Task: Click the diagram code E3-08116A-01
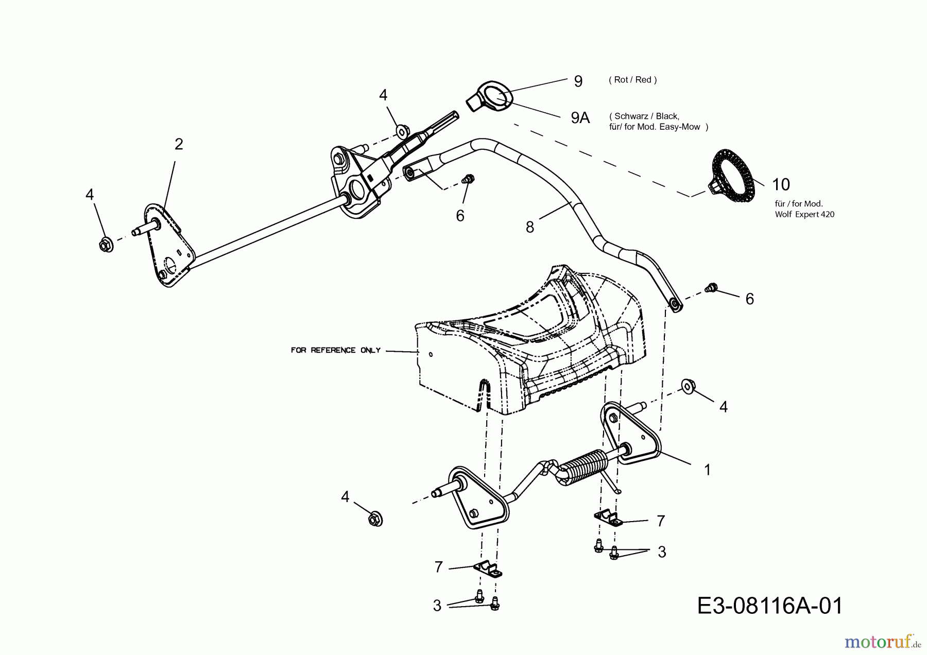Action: pos(770,606)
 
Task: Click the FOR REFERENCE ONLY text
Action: pos(335,350)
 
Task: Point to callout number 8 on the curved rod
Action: pos(530,227)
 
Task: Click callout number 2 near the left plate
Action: pos(178,144)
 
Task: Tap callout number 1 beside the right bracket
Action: pos(707,470)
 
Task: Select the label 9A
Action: pos(580,118)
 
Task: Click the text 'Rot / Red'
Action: pos(632,80)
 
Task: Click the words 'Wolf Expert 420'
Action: pos(804,214)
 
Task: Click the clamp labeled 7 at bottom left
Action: pos(488,570)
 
